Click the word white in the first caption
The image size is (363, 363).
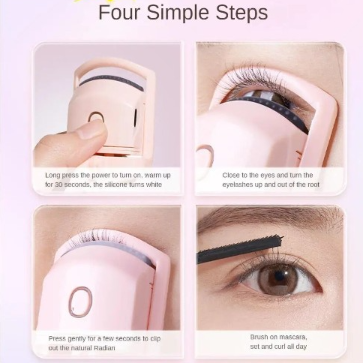pyautogui.click(x=154, y=185)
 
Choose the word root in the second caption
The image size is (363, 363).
pyautogui.click(x=313, y=185)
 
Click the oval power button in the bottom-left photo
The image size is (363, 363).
pyautogui.click(x=80, y=301)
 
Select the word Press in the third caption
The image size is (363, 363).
pyautogui.click(x=57, y=338)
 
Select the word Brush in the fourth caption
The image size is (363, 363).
pyautogui.click(x=259, y=337)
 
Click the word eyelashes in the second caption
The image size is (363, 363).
pyautogui.click(x=238, y=185)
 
